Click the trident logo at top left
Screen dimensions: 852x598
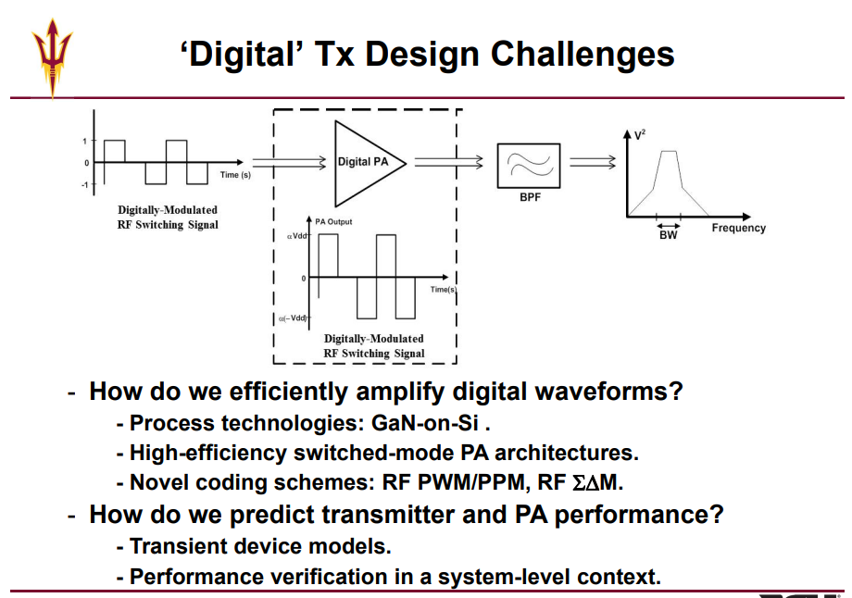pyautogui.click(x=52, y=57)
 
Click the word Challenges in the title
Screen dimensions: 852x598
pyautogui.click(x=583, y=55)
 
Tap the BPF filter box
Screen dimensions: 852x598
pyautogui.click(x=529, y=166)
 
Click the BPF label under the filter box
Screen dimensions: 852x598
pyautogui.click(x=530, y=197)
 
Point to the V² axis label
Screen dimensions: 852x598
pyautogui.click(x=640, y=134)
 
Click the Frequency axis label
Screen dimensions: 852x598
pyautogui.click(x=738, y=228)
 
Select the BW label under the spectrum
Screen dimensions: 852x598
pyautogui.click(x=669, y=235)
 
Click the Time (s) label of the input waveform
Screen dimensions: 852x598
pyautogui.click(x=235, y=175)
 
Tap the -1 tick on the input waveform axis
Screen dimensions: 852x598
pyautogui.click(x=85, y=184)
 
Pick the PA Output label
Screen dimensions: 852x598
pyautogui.click(x=333, y=221)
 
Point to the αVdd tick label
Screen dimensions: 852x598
pyautogui.click(x=297, y=236)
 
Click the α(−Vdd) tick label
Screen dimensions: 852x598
pyautogui.click(x=294, y=318)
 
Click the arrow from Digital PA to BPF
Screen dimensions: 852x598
pyautogui.click(x=449, y=162)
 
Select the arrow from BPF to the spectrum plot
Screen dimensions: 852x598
pyautogui.click(x=593, y=162)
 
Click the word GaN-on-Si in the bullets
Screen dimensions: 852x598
pyautogui.click(x=425, y=423)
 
